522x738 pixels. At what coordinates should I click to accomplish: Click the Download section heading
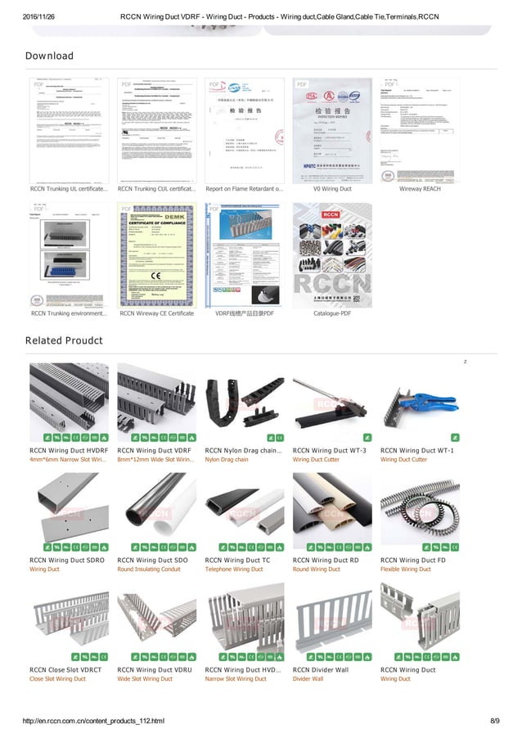tap(49, 56)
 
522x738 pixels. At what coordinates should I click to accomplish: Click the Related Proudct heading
tap(64, 340)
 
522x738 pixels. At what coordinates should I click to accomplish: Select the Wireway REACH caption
tap(420, 189)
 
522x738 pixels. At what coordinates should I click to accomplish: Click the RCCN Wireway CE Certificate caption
tap(156, 313)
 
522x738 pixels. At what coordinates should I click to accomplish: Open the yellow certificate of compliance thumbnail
tap(156, 255)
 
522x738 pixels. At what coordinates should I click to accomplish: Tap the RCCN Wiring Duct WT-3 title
tap(329, 450)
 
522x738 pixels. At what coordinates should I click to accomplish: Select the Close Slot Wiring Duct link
tap(57, 679)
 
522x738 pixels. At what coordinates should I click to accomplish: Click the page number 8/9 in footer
tap(494, 721)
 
